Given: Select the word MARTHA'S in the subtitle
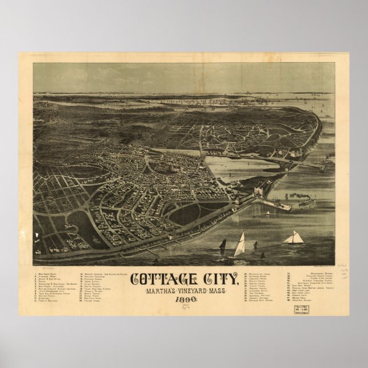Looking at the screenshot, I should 150,293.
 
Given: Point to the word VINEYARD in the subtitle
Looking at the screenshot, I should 184,293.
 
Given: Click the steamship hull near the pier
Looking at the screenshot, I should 306,202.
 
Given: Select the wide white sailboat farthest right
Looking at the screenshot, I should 294,237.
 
